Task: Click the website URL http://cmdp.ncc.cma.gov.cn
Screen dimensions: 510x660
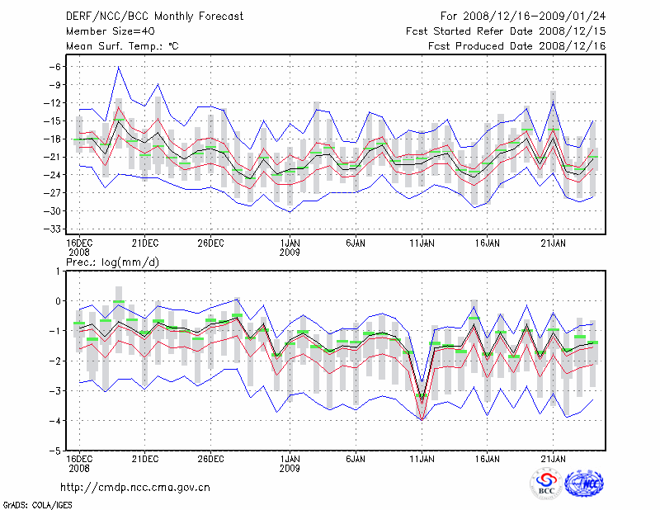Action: (x=135, y=487)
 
